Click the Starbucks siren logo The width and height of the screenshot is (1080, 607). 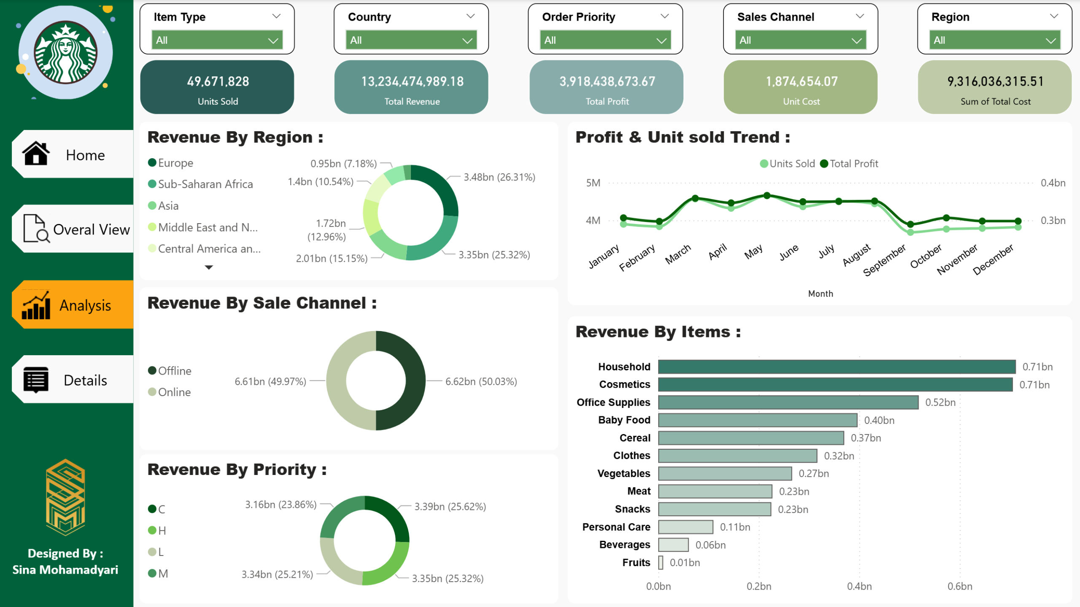pyautogui.click(x=65, y=53)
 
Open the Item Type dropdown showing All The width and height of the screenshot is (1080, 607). pyautogui.click(x=217, y=40)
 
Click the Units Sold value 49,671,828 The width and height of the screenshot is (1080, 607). pyautogui.click(x=218, y=81)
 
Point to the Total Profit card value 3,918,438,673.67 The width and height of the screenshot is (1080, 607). pyautogui.click(x=607, y=81)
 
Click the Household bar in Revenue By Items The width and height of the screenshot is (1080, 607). pyautogui.click(x=836, y=367)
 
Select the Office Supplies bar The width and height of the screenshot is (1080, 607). pyautogui.click(x=788, y=402)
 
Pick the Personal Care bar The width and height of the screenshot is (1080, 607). pyautogui.click(x=686, y=527)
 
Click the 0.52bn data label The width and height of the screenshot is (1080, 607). pyautogui.click(x=940, y=402)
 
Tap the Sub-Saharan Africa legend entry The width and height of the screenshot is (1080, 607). pyautogui.click(x=205, y=184)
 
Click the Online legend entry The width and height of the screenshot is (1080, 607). pyautogui.click(x=174, y=392)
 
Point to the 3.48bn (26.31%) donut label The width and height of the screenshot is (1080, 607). pyautogui.click(x=499, y=177)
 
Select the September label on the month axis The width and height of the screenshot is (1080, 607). pyautogui.click(x=884, y=260)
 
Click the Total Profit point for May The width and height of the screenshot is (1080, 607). pyautogui.click(x=767, y=195)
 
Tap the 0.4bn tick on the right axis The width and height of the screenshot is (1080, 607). pyautogui.click(x=1053, y=183)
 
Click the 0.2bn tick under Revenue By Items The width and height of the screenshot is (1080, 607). pyautogui.click(x=759, y=586)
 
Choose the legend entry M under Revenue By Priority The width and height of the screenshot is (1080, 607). pyautogui.click(x=162, y=574)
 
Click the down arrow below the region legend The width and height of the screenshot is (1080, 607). pyautogui.click(x=208, y=267)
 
